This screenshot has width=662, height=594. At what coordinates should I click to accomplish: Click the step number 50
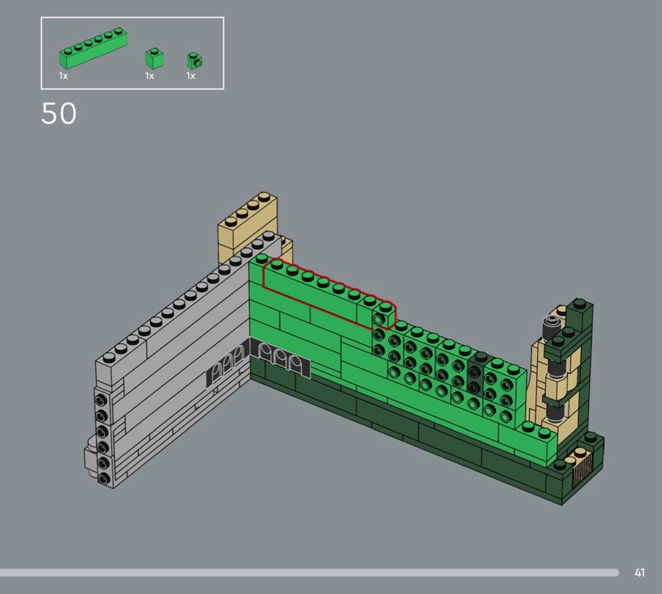tap(59, 113)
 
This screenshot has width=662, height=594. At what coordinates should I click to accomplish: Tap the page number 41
tap(639, 572)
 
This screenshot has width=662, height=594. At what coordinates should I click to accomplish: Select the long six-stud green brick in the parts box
tap(94, 49)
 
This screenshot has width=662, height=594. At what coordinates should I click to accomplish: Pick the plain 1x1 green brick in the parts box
tap(155, 58)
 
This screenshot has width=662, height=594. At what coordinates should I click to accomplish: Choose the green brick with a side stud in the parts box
tap(194, 60)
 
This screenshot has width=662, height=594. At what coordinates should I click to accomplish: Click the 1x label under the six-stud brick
tap(64, 76)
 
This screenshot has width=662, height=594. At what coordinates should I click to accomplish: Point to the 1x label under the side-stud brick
tap(191, 76)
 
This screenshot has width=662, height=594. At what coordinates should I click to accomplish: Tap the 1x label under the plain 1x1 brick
tap(150, 76)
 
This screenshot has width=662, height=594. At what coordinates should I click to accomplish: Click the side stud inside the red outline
tap(377, 319)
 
